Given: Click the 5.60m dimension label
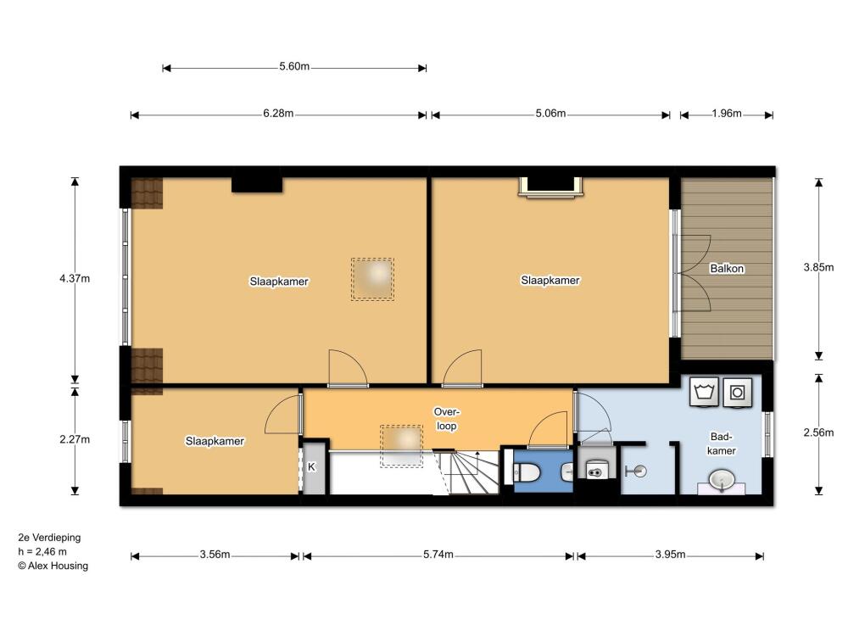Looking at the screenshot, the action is click(294, 66).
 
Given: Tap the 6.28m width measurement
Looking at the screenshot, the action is click(278, 114).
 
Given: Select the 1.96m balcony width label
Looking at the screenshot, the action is click(727, 114).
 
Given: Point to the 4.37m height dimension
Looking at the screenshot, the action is click(75, 278).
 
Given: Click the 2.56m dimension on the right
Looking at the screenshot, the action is click(819, 432).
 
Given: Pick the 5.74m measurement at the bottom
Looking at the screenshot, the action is click(438, 555).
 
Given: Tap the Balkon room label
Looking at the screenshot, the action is click(727, 268).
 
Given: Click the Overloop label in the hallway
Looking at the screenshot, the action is click(447, 419).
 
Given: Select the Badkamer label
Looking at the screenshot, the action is click(722, 444).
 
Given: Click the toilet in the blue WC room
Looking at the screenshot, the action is click(526, 474).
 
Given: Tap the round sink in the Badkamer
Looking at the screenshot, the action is click(722, 480).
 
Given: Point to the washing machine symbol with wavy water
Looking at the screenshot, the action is click(704, 392).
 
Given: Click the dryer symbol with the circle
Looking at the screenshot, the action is click(737, 392).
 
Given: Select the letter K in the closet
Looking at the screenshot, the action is click(311, 466).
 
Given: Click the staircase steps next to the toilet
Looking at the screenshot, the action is click(468, 472).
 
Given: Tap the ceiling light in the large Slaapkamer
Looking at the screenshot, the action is click(372, 279).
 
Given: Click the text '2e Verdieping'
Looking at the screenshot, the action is click(49, 538).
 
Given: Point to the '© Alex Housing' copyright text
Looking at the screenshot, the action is click(53, 566).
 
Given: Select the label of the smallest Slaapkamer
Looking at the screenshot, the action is click(215, 441).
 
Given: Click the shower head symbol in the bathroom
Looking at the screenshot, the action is click(637, 471).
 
